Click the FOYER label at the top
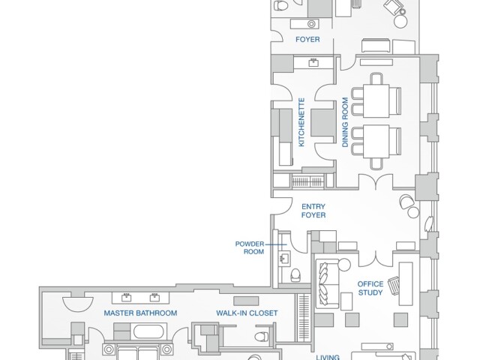click(307, 40)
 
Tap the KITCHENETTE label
click(301, 122)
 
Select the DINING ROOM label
click(345, 122)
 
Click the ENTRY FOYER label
click(313, 211)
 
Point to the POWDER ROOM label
click(250, 248)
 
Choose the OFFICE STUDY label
click(370, 288)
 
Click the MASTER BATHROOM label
click(140, 313)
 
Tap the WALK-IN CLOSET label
click(247, 313)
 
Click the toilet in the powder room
click(295, 275)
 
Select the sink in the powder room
click(285, 258)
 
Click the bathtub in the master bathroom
click(148, 331)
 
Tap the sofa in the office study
click(327, 283)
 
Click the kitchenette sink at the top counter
click(313, 62)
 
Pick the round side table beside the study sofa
click(343, 265)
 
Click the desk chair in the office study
click(394, 285)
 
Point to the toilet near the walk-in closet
click(262, 337)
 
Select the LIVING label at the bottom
click(328, 357)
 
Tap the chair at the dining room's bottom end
click(376, 163)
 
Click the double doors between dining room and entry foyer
click(376, 181)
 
